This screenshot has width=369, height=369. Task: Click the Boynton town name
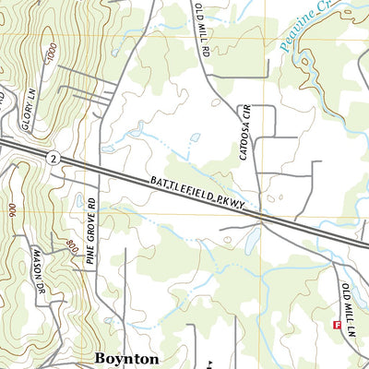[127, 357]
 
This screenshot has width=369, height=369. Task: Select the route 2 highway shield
[54, 160]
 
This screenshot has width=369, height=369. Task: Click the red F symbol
[336, 325]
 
